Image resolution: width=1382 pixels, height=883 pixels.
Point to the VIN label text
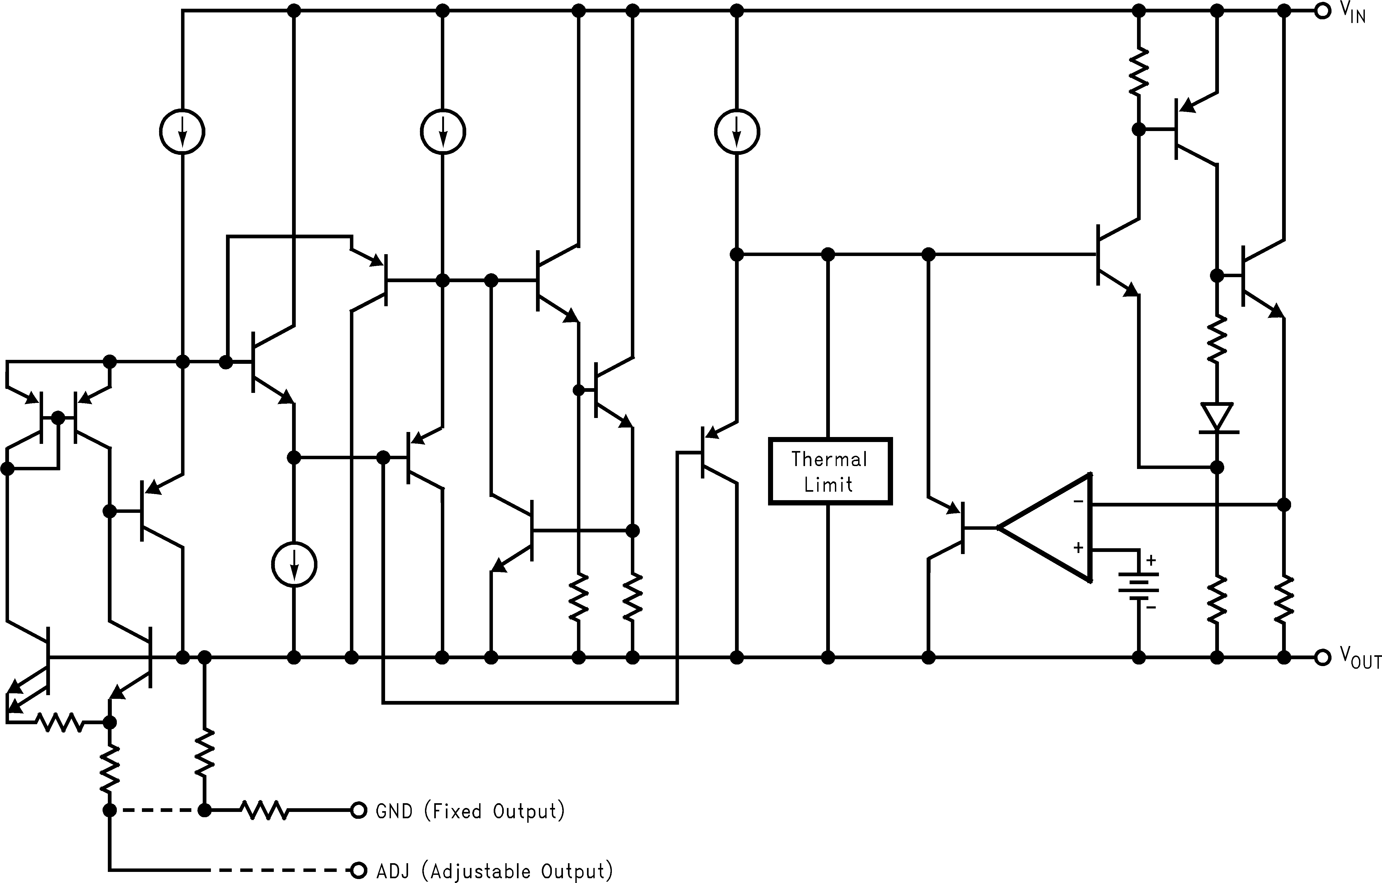[x=1353, y=13]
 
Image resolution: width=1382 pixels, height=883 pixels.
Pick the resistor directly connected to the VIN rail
[x=1139, y=72]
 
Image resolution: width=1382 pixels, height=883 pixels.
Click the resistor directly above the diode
[x=1217, y=340]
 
